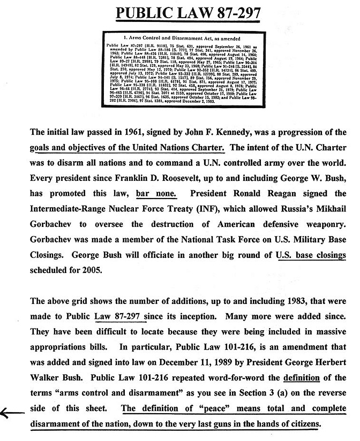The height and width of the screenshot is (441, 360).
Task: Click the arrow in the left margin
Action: coord(12,412)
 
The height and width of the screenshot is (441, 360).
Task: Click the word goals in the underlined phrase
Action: coord(43,147)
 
